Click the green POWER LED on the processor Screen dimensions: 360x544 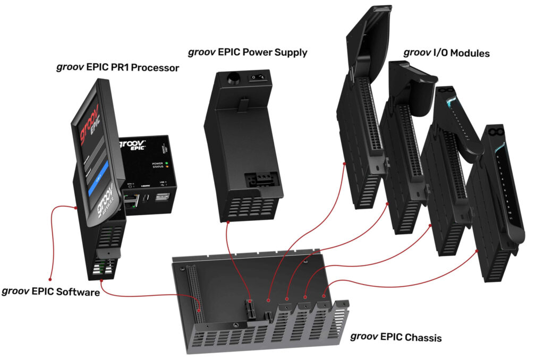167,164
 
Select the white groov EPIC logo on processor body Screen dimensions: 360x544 138,145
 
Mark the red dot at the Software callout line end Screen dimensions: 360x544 49,278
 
